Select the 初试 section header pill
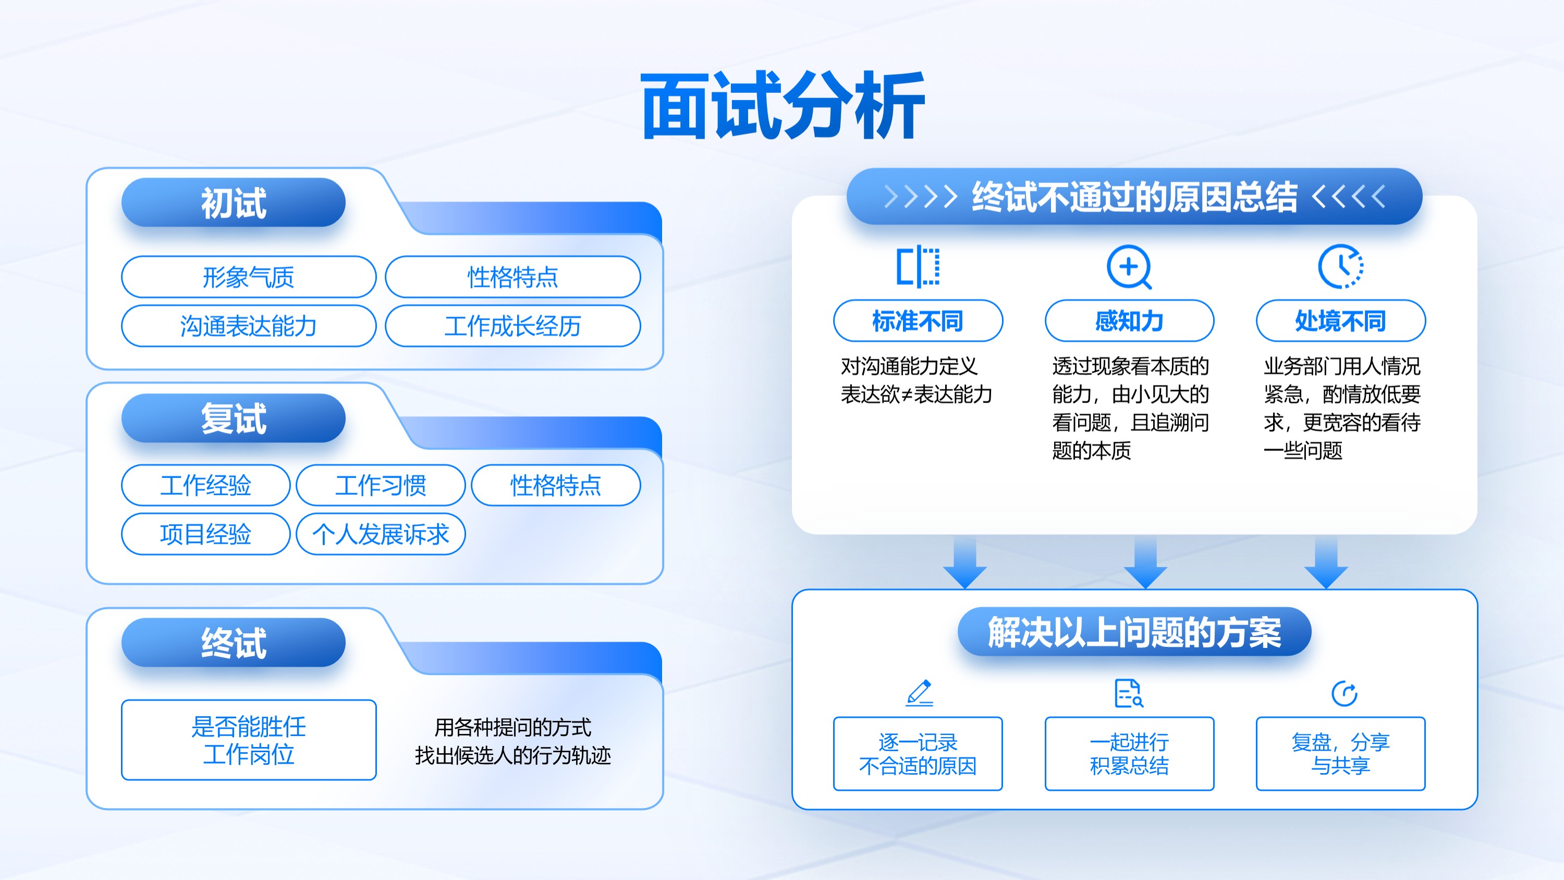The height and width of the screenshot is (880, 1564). pyautogui.click(x=233, y=202)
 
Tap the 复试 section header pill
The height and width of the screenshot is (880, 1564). pyautogui.click(x=233, y=418)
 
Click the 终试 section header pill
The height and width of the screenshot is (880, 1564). pyautogui.click(x=233, y=643)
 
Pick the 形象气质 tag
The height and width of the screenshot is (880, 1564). pyautogui.click(x=249, y=277)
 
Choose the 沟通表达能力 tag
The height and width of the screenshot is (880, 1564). pyautogui.click(x=249, y=326)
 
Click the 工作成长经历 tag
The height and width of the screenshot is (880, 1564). pyautogui.click(x=513, y=326)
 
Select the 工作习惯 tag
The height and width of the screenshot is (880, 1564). pyautogui.click(x=381, y=485)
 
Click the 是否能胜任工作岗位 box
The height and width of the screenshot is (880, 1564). pyautogui.click(x=249, y=740)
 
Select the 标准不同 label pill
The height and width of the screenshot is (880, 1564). pyautogui.click(x=918, y=321)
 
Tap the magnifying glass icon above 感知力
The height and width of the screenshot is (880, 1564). pyautogui.click(x=1129, y=267)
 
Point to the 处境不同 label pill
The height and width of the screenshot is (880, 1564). pyautogui.click(x=1340, y=321)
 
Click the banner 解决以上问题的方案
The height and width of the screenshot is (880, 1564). pyautogui.click(x=1134, y=632)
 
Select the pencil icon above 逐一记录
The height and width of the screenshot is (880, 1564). pyautogui.click(x=919, y=693)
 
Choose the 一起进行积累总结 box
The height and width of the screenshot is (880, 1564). pyautogui.click(x=1129, y=754)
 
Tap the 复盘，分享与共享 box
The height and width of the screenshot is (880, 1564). pyautogui.click(x=1340, y=754)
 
